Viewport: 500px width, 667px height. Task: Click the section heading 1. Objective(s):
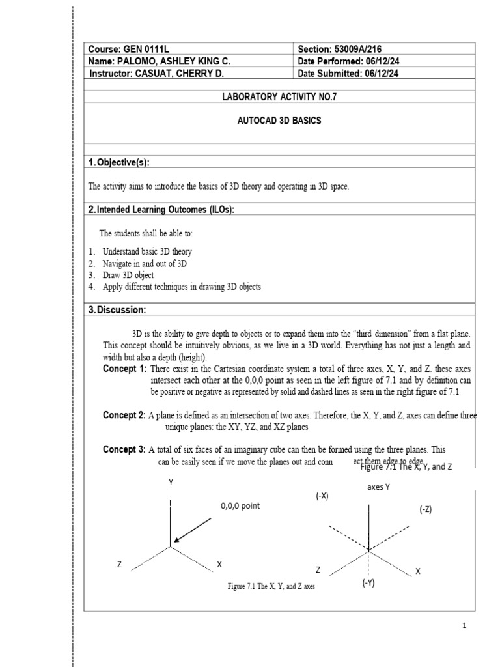124,162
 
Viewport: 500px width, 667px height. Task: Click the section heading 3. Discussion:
117,309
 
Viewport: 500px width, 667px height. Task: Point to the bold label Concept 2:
124,415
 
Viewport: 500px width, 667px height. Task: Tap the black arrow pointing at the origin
193,530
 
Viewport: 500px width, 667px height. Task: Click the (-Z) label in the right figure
425,509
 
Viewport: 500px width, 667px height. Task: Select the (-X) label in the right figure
323,496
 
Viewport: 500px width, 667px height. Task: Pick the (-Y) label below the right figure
368,584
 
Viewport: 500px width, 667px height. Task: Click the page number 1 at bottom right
465,626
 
